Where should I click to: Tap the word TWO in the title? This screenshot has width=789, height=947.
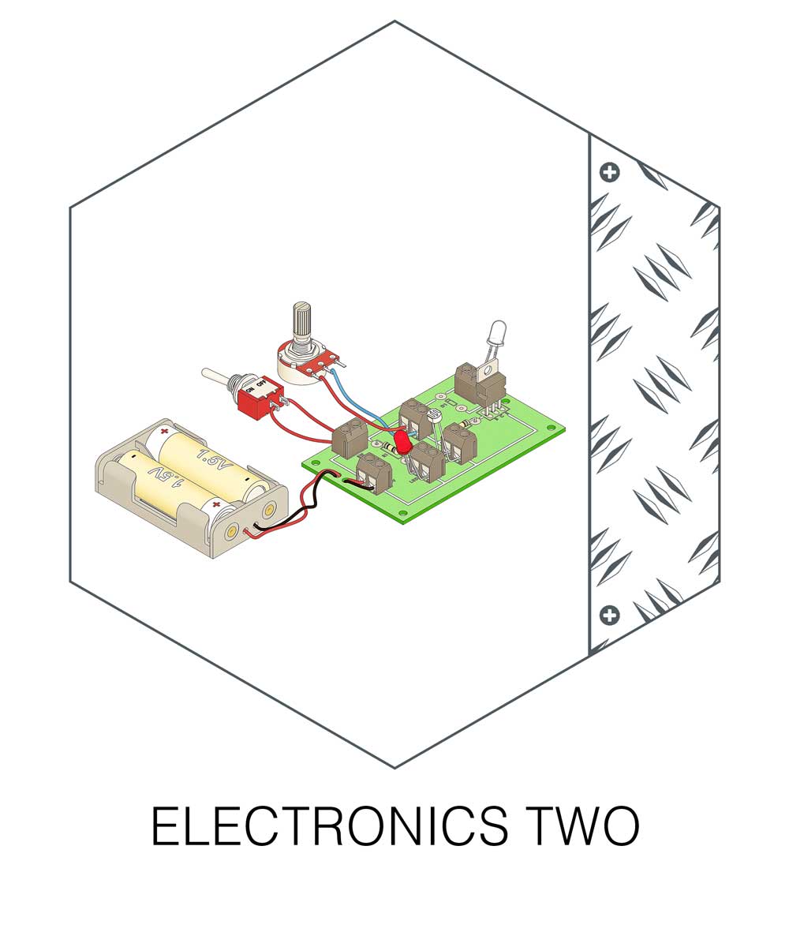578,826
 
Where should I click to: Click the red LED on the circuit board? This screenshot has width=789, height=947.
404,442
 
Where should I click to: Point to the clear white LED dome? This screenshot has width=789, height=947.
498,331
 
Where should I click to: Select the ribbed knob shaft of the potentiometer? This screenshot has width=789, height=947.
302,320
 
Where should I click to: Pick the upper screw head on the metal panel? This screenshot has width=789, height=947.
609,172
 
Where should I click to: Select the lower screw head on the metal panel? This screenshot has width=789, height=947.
609,615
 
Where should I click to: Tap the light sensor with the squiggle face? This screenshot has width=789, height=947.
432,414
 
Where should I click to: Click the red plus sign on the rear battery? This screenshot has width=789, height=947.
164,432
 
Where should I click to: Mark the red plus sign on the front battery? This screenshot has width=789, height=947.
216,503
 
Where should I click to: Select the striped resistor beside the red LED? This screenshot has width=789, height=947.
385,450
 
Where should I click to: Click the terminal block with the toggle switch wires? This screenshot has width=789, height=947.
350,438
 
